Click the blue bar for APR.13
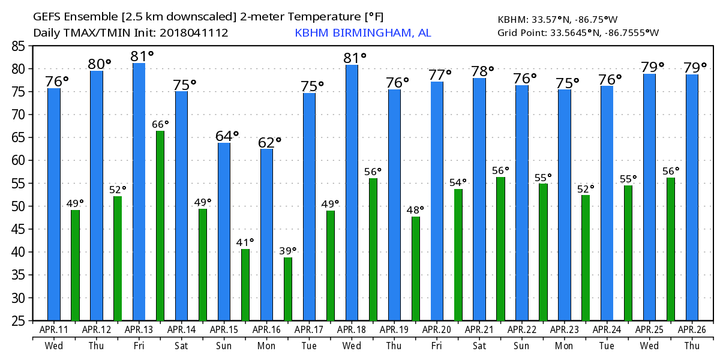click(x=139, y=192)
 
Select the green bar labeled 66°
click(x=160, y=226)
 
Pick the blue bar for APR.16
click(x=266, y=235)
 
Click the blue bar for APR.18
click(x=352, y=193)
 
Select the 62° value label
click(x=269, y=143)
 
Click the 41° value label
click(x=244, y=242)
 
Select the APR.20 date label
click(x=437, y=329)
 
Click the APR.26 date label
click(x=692, y=329)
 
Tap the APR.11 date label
click(x=54, y=329)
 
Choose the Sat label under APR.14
click(x=181, y=346)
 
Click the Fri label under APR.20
click(x=437, y=346)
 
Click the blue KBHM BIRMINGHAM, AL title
click(x=362, y=33)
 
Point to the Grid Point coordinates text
click(x=578, y=32)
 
